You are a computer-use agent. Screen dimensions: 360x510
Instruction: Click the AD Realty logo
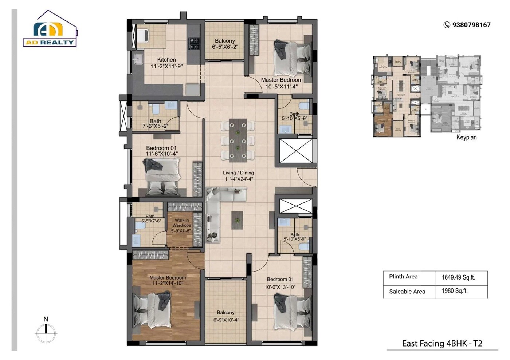click(50, 29)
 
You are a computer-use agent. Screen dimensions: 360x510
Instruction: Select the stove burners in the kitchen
click(193, 43)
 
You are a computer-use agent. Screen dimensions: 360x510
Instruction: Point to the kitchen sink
click(138, 59)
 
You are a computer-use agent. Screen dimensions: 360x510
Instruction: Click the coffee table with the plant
click(237, 220)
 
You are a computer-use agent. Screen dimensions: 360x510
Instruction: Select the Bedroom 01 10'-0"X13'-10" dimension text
click(280, 287)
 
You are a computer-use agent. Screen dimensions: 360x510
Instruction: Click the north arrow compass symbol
click(46, 331)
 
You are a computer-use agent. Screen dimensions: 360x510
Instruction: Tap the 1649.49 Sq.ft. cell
click(458, 277)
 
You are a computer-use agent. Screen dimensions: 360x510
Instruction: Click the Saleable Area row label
click(407, 292)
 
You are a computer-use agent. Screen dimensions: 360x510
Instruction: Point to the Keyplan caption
click(466, 137)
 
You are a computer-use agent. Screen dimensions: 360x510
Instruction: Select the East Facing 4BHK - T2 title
click(442, 343)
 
